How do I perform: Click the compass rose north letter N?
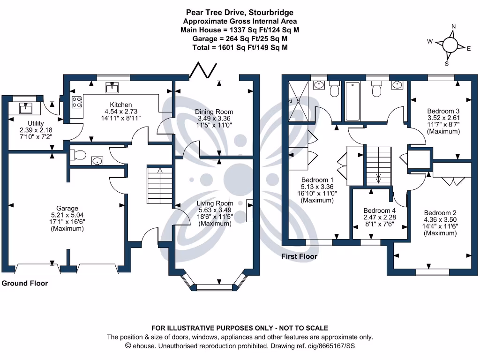453,27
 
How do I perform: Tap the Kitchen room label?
121,105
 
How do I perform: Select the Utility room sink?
25,108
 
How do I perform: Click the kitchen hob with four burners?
76,103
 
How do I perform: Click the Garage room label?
67,209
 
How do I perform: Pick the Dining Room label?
214,112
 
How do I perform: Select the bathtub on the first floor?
352,101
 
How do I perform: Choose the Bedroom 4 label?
380,210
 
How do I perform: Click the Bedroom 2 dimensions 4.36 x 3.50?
441,219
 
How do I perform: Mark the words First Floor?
299,256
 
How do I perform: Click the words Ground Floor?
25,283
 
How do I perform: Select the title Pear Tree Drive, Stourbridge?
240,13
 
